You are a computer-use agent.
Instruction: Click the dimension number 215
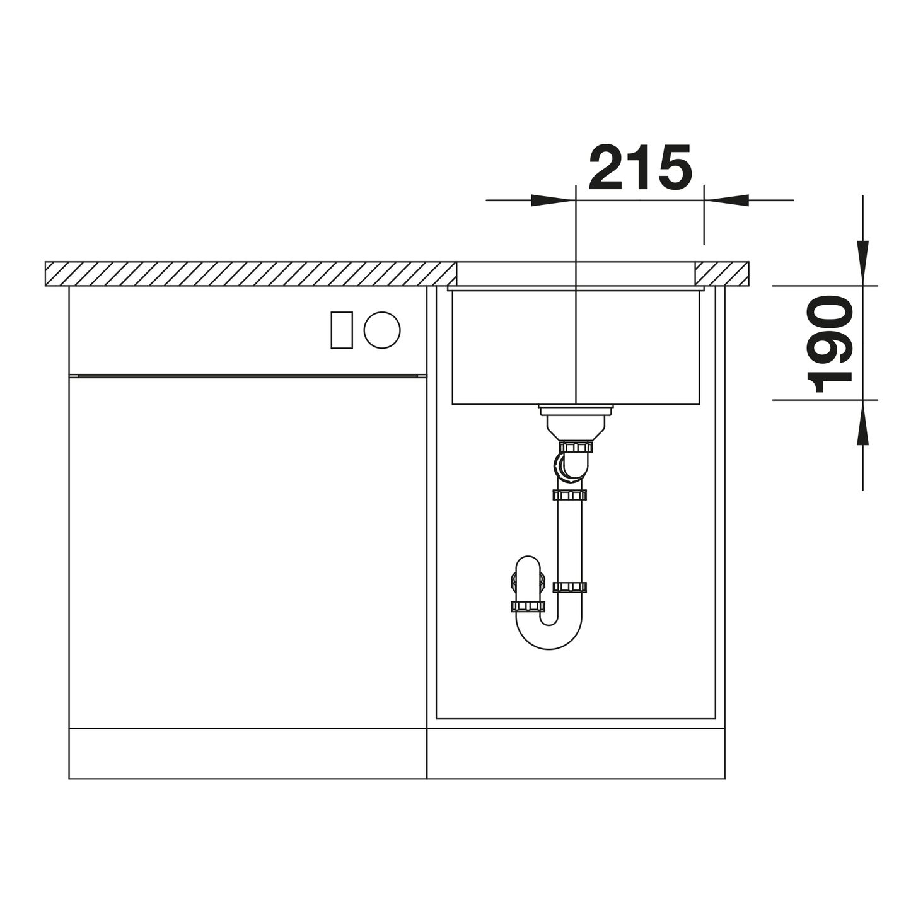pyautogui.click(x=641, y=167)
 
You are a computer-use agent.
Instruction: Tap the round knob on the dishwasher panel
pyautogui.click(x=382, y=330)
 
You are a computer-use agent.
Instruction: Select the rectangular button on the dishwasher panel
pyautogui.click(x=342, y=330)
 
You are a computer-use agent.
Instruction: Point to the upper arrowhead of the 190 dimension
pyautogui.click(x=862, y=264)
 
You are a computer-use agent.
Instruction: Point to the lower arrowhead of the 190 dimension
pyautogui.click(x=862, y=422)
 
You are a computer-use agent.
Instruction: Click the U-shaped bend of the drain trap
pyautogui.click(x=549, y=635)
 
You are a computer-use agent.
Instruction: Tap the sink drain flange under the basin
pyautogui.click(x=576, y=410)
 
